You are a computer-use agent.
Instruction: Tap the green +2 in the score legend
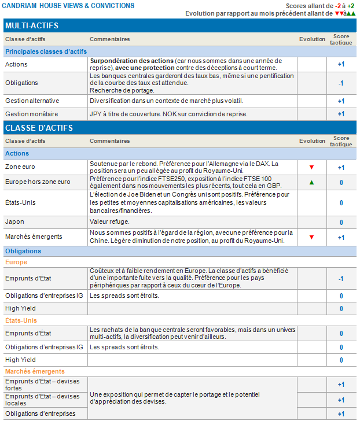point(351,6)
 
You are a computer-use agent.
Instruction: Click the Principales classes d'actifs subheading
point(46,51)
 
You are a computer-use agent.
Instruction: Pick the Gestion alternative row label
point(32,101)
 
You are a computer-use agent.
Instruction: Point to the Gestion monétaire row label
point(31,114)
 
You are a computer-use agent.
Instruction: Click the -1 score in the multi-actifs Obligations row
point(341,83)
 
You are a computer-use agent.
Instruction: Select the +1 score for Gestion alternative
point(341,101)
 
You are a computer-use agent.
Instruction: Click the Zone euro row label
point(20,167)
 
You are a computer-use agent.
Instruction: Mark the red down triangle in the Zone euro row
point(312,168)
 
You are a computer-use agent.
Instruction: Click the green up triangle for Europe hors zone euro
point(312,183)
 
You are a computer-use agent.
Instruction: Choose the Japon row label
point(14,222)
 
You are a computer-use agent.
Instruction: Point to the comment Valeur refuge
point(109,222)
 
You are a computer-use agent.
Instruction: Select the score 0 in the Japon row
point(341,223)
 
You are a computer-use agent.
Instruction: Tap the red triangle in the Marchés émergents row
point(312,237)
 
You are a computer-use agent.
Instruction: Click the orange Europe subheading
point(16,262)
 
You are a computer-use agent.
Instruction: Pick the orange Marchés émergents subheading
point(35,371)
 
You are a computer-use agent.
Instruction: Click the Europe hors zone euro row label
point(38,182)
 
